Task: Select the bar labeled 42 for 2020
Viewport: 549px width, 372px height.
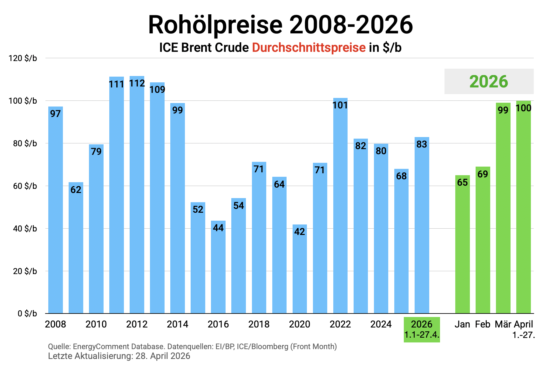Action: pyautogui.click(x=300, y=270)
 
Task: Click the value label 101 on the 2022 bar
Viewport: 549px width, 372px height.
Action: pyautogui.click(x=340, y=105)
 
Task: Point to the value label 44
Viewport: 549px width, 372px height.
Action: pyautogui.click(x=218, y=228)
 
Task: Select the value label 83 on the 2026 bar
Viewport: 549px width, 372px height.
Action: pyautogui.click(x=422, y=144)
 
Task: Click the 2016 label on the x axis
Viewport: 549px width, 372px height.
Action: pyautogui.click(x=218, y=324)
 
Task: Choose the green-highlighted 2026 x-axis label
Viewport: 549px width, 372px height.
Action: pyautogui.click(x=422, y=329)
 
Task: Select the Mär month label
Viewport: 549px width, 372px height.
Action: pyautogui.click(x=503, y=324)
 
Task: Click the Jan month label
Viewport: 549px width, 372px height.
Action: pyautogui.click(x=462, y=324)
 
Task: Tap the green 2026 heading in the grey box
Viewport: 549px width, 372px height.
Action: pyautogui.click(x=489, y=81)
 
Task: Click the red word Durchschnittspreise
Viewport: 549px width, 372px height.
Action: pyautogui.click(x=309, y=48)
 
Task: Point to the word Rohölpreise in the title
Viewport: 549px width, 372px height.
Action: pyautogui.click(x=215, y=25)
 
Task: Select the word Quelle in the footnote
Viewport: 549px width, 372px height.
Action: pyautogui.click(x=59, y=346)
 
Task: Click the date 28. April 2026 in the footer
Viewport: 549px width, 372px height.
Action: pyautogui.click(x=163, y=356)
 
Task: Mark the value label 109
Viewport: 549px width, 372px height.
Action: pyautogui.click(x=157, y=89)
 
